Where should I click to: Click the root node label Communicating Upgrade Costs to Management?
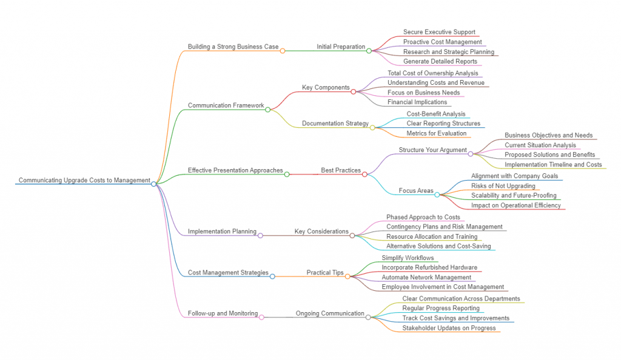coord(84,180)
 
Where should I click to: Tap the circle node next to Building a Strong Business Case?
coord(283,51)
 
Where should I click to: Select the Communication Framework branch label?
coord(226,105)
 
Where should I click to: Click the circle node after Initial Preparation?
coord(369,51)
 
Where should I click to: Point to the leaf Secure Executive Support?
coord(439,32)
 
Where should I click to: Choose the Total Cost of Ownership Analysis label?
coord(432,73)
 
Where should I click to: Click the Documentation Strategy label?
coord(335,124)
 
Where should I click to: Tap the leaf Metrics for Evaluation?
coord(437,133)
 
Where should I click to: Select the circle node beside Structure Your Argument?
coord(471,154)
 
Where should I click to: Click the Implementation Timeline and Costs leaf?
coord(553,164)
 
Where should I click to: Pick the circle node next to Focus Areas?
coord(437,195)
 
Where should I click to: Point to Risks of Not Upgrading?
coord(503,185)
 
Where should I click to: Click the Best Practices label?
coord(341,170)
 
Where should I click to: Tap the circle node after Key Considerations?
coord(352,235)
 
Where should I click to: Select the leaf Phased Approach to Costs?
coord(423,217)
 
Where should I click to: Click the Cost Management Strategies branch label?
coord(228,273)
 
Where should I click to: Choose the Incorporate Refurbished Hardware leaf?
coord(429,267)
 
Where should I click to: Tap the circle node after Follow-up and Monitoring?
coord(261,317)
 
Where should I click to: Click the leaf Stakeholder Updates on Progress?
coord(449,328)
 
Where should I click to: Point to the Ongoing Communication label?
coord(330,313)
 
